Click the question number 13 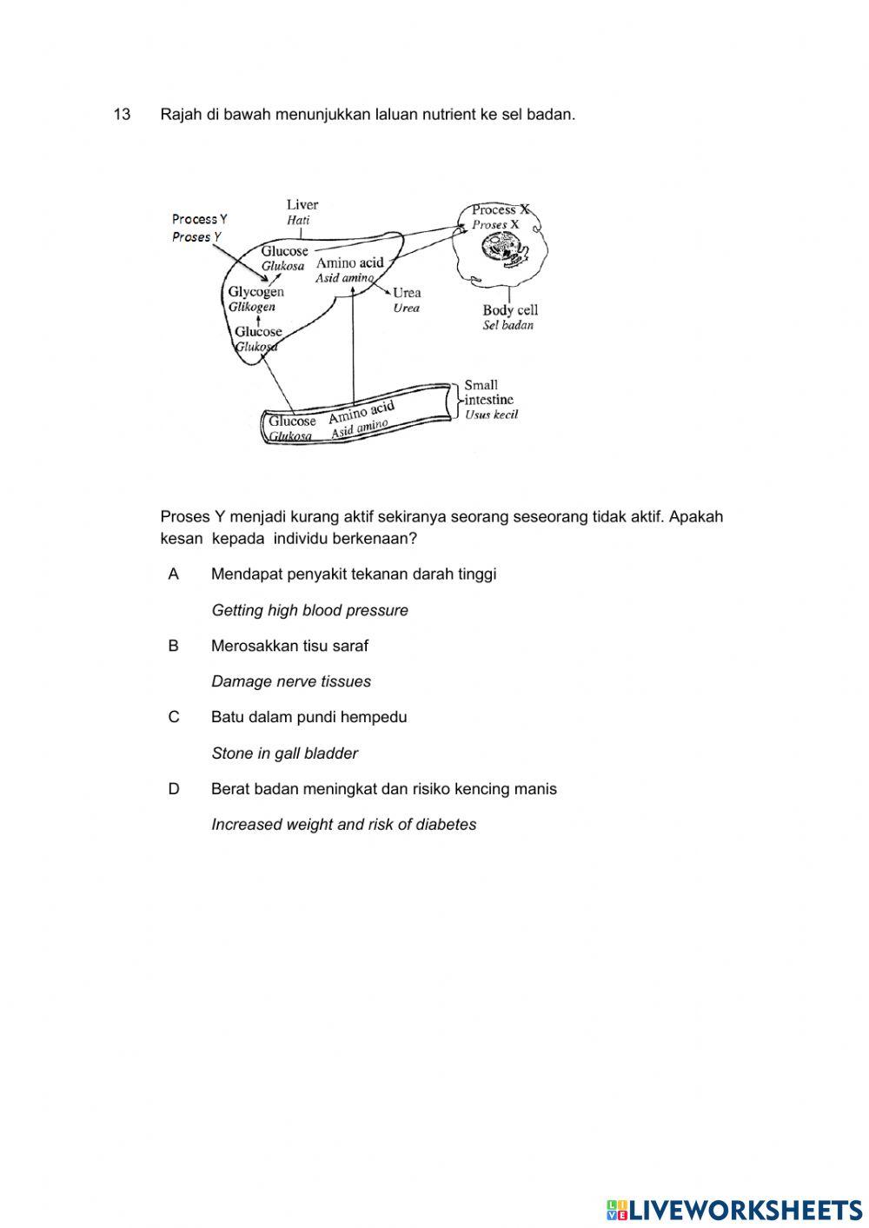point(122,115)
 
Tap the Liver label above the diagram point(302,205)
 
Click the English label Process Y point(199,219)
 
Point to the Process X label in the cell point(500,209)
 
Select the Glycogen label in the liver point(255,292)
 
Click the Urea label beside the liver point(407,293)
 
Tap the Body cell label point(510,310)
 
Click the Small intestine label point(488,392)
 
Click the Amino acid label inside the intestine point(362,413)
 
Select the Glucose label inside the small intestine point(292,422)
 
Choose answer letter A point(174,574)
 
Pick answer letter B point(174,646)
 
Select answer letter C point(174,718)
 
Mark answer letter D point(174,789)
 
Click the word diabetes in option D point(447,825)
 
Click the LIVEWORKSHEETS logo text point(745,1210)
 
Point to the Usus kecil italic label point(491,415)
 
